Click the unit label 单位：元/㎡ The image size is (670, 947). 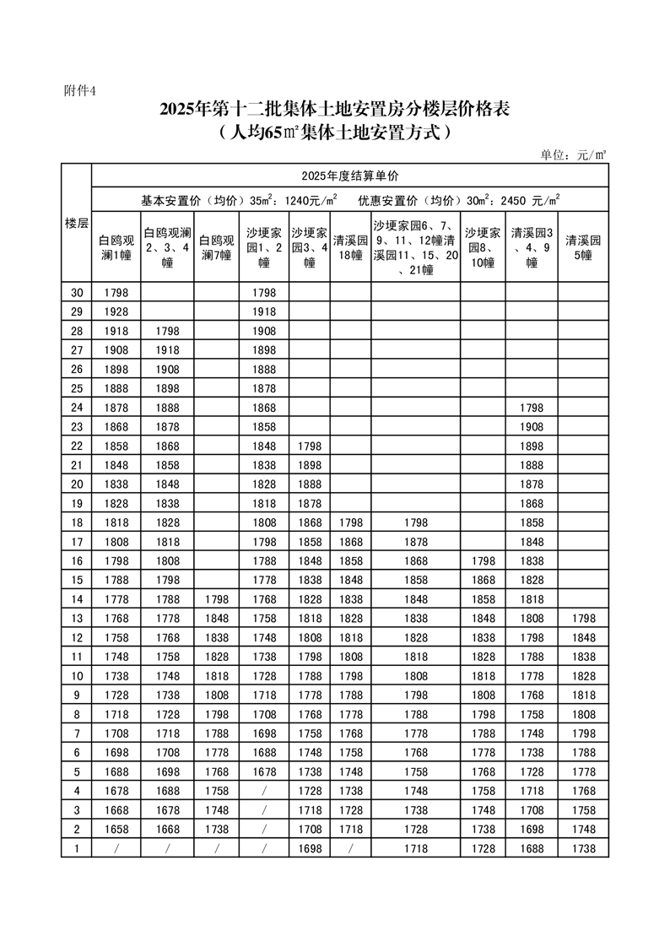pos(574,154)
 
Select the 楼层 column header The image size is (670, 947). pos(76,223)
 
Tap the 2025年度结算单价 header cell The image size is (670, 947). pos(349,176)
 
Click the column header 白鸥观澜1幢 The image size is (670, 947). pos(116,247)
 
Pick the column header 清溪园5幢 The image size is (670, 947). pos(583,247)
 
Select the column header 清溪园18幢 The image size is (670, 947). pos(349,247)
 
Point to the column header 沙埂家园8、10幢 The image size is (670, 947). pos(484,247)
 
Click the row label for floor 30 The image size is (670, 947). pos(76,293)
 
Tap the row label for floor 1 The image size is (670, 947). pos(76,848)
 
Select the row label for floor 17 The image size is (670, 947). pos(76,543)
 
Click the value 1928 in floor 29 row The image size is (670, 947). pos(116,312)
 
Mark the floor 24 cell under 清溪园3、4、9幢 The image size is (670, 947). pos(532,408)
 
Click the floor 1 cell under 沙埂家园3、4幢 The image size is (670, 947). pos(310,848)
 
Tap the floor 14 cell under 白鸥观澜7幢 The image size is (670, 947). pos(217,600)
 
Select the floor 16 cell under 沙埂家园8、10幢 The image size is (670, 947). pos(484,562)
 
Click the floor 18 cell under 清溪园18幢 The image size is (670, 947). pos(349,523)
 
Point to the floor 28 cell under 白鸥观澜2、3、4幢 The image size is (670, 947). pos(167,332)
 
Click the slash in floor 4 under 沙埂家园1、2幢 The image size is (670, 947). pos(264,791)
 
